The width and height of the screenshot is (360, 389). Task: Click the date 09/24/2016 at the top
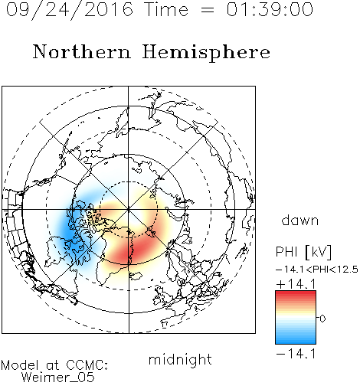pos(70,10)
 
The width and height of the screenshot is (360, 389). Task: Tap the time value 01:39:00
pos(270,9)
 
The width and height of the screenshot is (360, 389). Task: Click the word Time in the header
pos(166,9)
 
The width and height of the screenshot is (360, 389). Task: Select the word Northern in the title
pos(82,51)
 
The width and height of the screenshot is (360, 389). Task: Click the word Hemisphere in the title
pos(206,53)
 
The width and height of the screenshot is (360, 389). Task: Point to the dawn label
pos(300,220)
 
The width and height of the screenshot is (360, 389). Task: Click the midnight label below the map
pos(180,359)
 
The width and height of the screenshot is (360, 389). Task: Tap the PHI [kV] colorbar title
pos(303,252)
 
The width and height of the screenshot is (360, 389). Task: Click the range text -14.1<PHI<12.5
pos(317,270)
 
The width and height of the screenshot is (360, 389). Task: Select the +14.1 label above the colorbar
pos(296,284)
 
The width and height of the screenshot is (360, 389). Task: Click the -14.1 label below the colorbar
pos(296,354)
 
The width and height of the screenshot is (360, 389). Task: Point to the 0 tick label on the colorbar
pos(322,319)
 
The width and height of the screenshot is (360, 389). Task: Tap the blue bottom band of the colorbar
pos(296,339)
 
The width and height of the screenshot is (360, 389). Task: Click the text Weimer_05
pos(58,378)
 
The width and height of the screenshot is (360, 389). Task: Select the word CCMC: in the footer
pos(87,365)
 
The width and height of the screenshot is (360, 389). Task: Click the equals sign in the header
pos(208,10)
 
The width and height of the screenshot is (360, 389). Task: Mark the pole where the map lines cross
pos(129,209)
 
